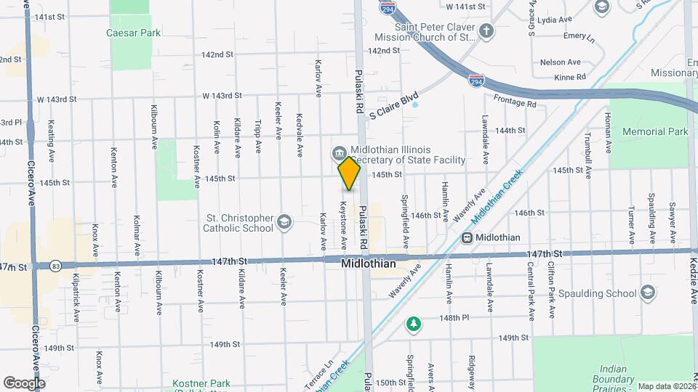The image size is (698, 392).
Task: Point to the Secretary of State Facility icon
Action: click(339, 152)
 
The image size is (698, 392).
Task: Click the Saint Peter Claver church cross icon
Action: click(486, 31)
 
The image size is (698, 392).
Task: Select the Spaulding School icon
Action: click(648, 293)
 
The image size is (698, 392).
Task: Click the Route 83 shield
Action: click(56, 266)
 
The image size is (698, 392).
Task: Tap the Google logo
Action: click(24, 383)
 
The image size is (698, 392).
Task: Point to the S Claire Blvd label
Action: click(395, 105)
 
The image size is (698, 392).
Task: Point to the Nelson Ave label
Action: click(561, 62)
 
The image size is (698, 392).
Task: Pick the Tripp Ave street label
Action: click(258, 136)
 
